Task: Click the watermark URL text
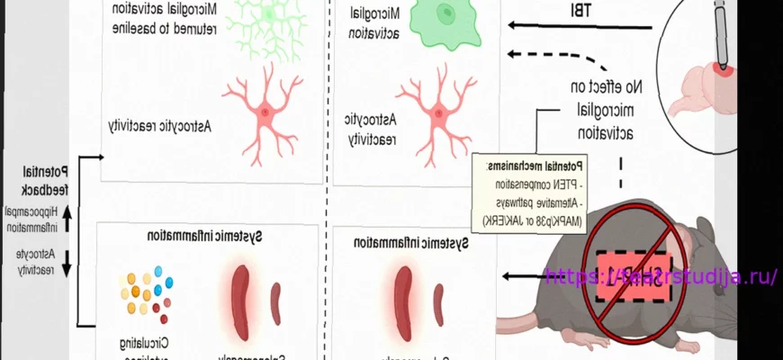(661, 276)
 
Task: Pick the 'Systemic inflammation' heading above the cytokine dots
(203, 236)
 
